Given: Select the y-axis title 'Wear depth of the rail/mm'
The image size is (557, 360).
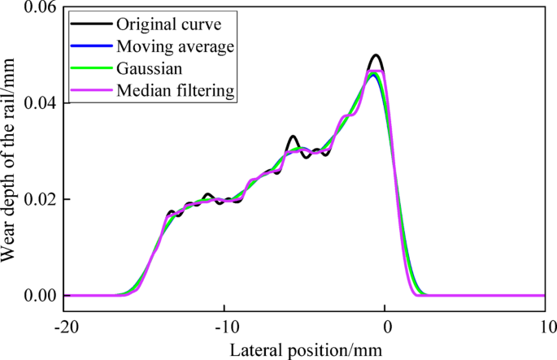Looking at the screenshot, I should pos(10,154).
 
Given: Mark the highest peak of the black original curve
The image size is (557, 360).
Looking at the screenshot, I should pos(375,55).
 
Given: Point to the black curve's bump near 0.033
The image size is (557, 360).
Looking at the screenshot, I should pos(294,137).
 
